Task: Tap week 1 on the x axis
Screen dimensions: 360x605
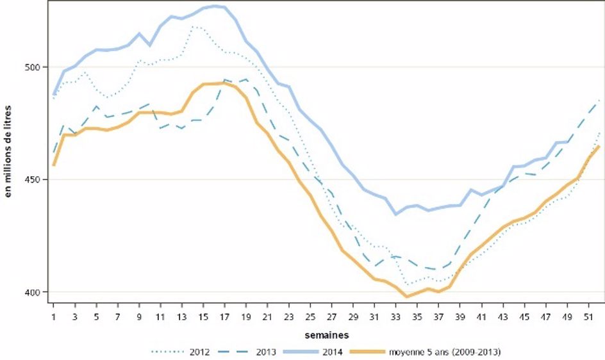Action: click(54, 316)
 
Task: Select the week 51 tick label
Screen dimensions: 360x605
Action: click(588, 316)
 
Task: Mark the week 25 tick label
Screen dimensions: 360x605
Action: click(310, 316)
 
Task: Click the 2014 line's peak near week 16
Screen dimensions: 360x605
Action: click(214, 6)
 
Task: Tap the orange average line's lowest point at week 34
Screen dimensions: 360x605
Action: click(406, 297)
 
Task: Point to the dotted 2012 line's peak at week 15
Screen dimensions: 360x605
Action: click(194, 27)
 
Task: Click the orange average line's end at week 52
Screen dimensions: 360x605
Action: click(599, 146)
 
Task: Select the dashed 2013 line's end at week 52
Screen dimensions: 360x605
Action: click(599, 101)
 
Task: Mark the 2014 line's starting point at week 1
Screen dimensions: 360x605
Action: click(54, 94)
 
